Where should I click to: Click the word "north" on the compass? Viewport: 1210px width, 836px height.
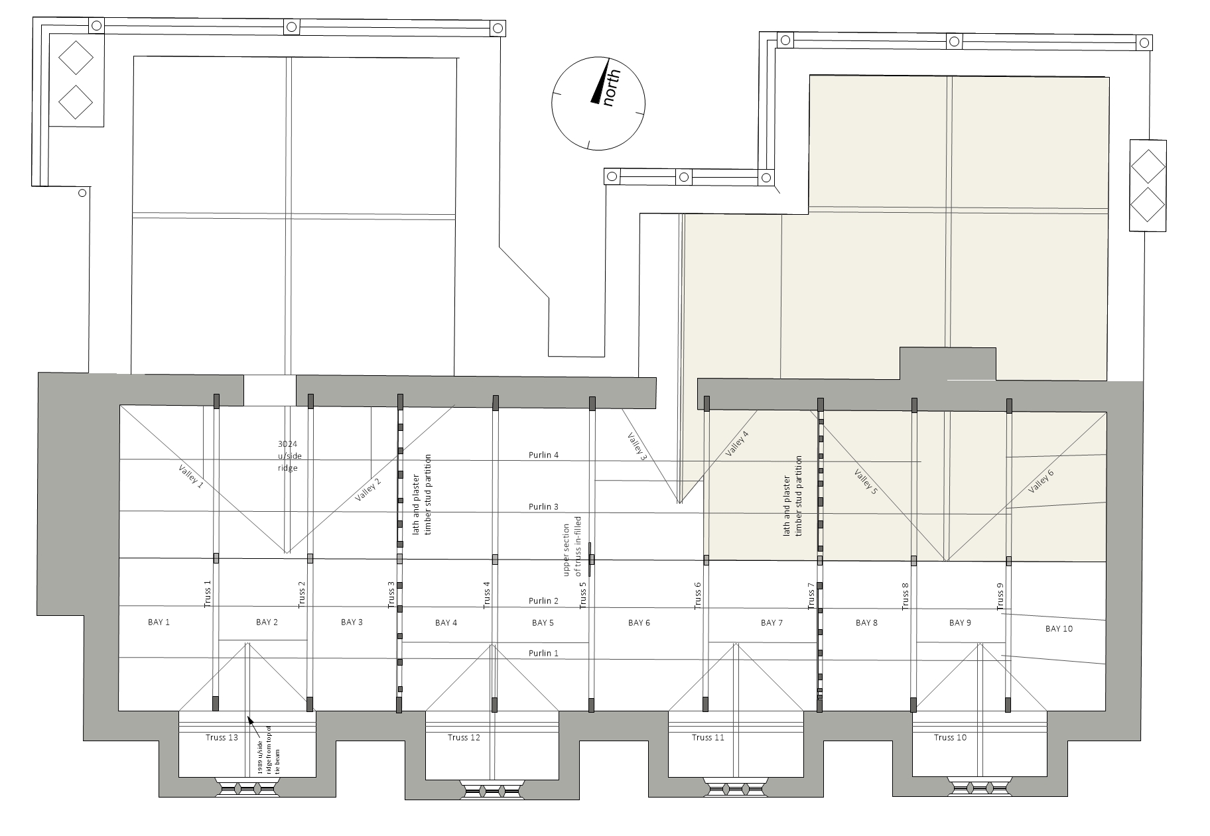coord(611,88)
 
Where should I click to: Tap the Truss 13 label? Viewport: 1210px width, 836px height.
coord(222,737)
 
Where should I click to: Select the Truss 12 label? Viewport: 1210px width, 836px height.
coord(464,737)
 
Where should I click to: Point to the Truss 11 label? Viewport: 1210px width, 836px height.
coord(708,737)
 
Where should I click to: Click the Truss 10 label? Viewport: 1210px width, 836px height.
coord(950,737)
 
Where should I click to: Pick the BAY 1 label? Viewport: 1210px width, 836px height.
coord(159,622)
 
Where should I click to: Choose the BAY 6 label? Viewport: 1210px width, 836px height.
coord(639,623)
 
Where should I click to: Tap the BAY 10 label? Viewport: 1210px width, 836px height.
coord(1059,628)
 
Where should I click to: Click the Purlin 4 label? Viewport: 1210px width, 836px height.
coord(543,455)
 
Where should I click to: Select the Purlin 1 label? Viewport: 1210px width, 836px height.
coord(543,653)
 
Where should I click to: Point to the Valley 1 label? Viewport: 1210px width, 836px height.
coord(191,477)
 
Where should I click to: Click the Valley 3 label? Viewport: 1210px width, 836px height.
coord(636,446)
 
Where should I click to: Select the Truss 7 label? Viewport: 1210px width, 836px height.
coord(811,596)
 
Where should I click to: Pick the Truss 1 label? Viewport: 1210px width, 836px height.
coord(207,594)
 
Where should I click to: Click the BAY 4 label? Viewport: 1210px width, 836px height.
coord(446,623)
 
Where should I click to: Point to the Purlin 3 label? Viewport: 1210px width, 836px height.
coord(543,507)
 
